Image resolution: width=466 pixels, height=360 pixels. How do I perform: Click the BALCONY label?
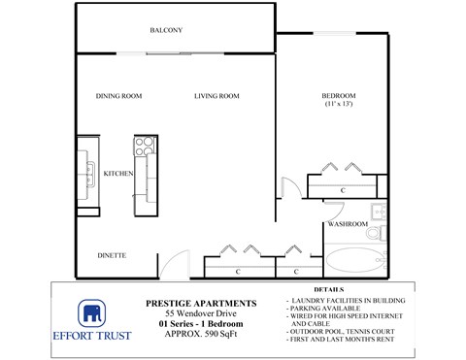[168, 31]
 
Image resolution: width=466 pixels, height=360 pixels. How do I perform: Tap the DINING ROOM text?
[119, 96]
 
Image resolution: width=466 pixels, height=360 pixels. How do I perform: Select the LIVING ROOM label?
[216, 96]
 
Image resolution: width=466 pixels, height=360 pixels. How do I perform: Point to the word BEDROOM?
[339, 95]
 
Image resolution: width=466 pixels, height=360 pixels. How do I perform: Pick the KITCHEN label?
[117, 174]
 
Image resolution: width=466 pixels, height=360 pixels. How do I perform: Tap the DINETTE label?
[113, 256]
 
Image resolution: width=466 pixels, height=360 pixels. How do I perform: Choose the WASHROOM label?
[347, 224]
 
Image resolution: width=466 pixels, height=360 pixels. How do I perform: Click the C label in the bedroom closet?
[345, 190]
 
